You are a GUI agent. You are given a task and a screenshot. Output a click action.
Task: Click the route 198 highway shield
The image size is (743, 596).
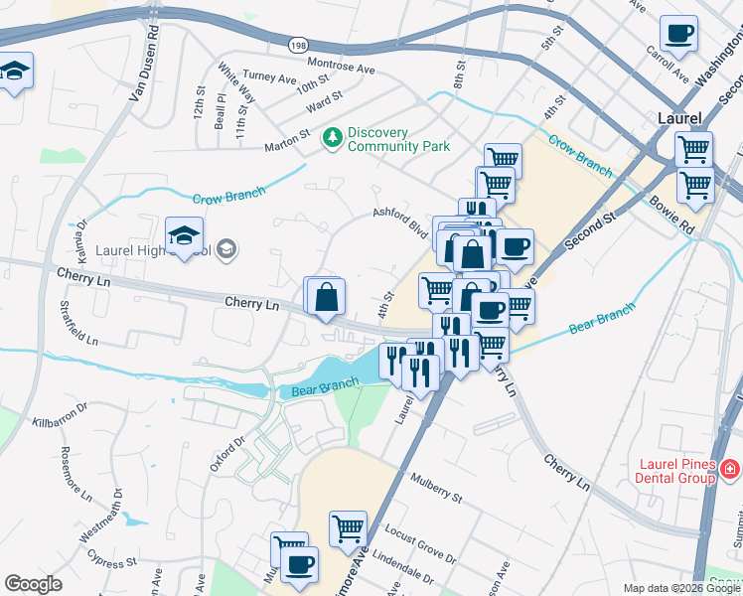pos(298,45)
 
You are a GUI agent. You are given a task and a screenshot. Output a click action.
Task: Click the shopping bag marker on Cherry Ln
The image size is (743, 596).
pos(326,296)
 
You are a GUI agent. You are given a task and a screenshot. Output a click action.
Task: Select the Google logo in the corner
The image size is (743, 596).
pos(32,584)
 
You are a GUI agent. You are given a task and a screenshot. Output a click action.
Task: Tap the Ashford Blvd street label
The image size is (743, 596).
pos(399,222)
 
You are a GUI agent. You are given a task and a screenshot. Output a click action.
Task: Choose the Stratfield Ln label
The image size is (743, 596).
pos(78,320)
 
